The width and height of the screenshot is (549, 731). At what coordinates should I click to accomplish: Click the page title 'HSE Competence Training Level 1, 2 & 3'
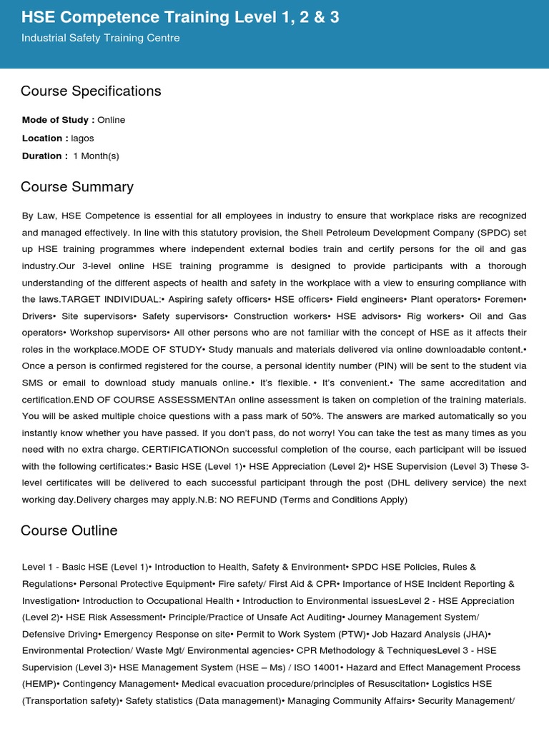(x=180, y=17)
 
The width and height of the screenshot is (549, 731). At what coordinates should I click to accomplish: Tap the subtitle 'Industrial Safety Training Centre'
(x=101, y=38)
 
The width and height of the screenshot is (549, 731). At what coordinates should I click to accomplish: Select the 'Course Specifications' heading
(x=91, y=91)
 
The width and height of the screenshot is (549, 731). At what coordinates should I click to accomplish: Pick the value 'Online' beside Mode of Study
(x=112, y=120)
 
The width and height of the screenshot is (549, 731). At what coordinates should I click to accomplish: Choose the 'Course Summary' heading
(x=77, y=187)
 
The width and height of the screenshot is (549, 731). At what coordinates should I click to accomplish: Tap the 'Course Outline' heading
(x=69, y=531)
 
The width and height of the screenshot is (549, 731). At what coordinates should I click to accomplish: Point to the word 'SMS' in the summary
(x=33, y=383)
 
